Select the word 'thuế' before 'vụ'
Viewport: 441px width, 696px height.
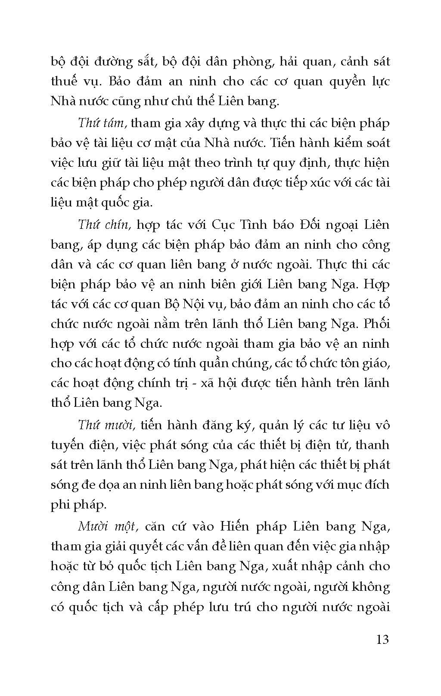tap(64, 81)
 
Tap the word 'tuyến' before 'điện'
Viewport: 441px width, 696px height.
tap(66, 445)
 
